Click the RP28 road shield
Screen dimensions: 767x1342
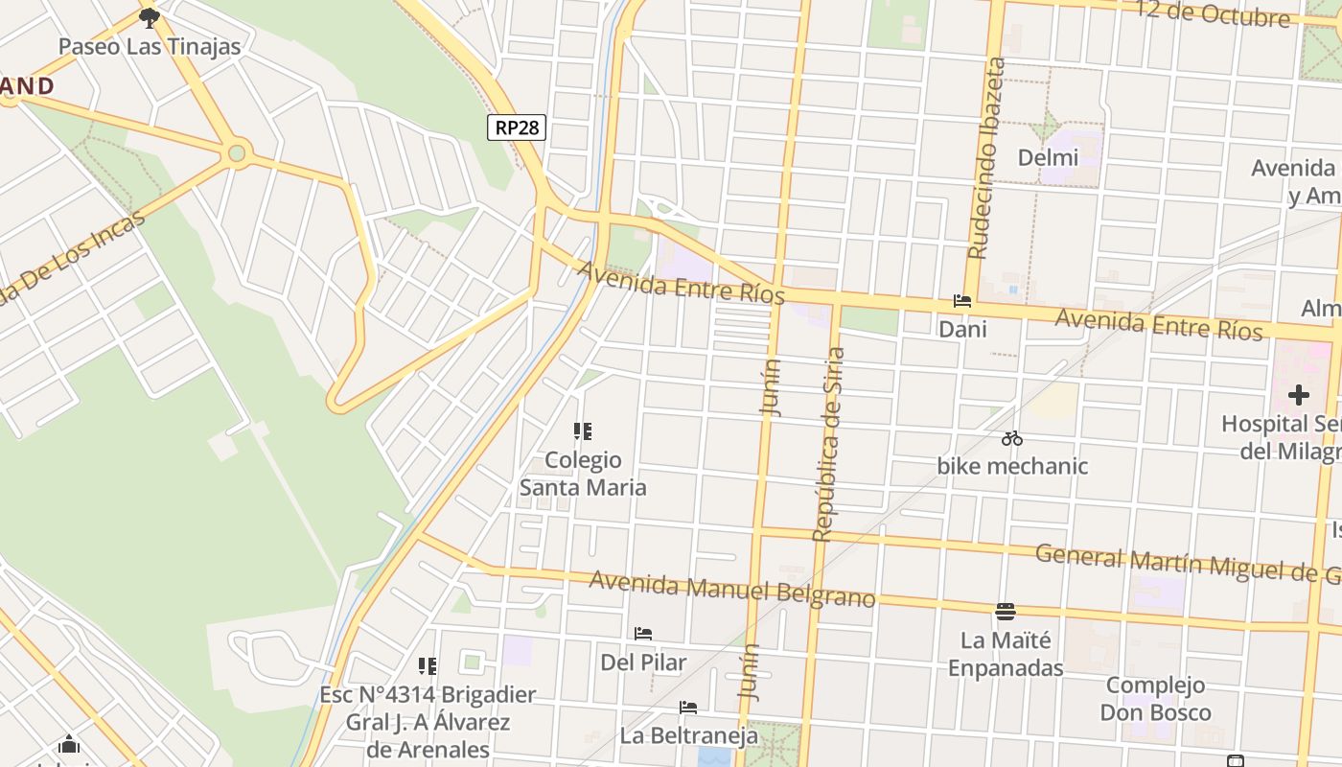click(x=517, y=127)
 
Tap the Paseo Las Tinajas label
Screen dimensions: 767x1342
click(x=150, y=46)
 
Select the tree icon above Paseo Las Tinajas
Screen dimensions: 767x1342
click(x=149, y=17)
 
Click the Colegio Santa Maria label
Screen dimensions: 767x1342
click(x=583, y=474)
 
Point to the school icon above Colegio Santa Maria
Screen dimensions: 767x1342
click(x=582, y=431)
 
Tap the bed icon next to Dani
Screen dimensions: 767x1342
click(x=962, y=301)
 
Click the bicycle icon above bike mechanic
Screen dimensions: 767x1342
click(x=1012, y=439)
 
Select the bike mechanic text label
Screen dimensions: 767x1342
click(x=1012, y=466)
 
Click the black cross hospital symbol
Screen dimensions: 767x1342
click(x=1299, y=394)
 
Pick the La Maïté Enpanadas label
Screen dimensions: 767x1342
click(x=1006, y=654)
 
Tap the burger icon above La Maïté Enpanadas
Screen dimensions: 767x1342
click(x=1006, y=611)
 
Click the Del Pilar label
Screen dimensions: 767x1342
click(x=643, y=662)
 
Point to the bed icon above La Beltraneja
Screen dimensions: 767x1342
click(x=688, y=708)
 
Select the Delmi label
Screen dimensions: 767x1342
click(x=1048, y=157)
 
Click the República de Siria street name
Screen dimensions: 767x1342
click(x=829, y=445)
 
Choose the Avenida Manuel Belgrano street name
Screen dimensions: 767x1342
click(x=732, y=589)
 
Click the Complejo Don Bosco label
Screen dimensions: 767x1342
click(x=1155, y=699)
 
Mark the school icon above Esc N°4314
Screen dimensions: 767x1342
click(x=428, y=665)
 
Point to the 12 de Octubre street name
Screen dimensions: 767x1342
click(x=1212, y=13)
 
